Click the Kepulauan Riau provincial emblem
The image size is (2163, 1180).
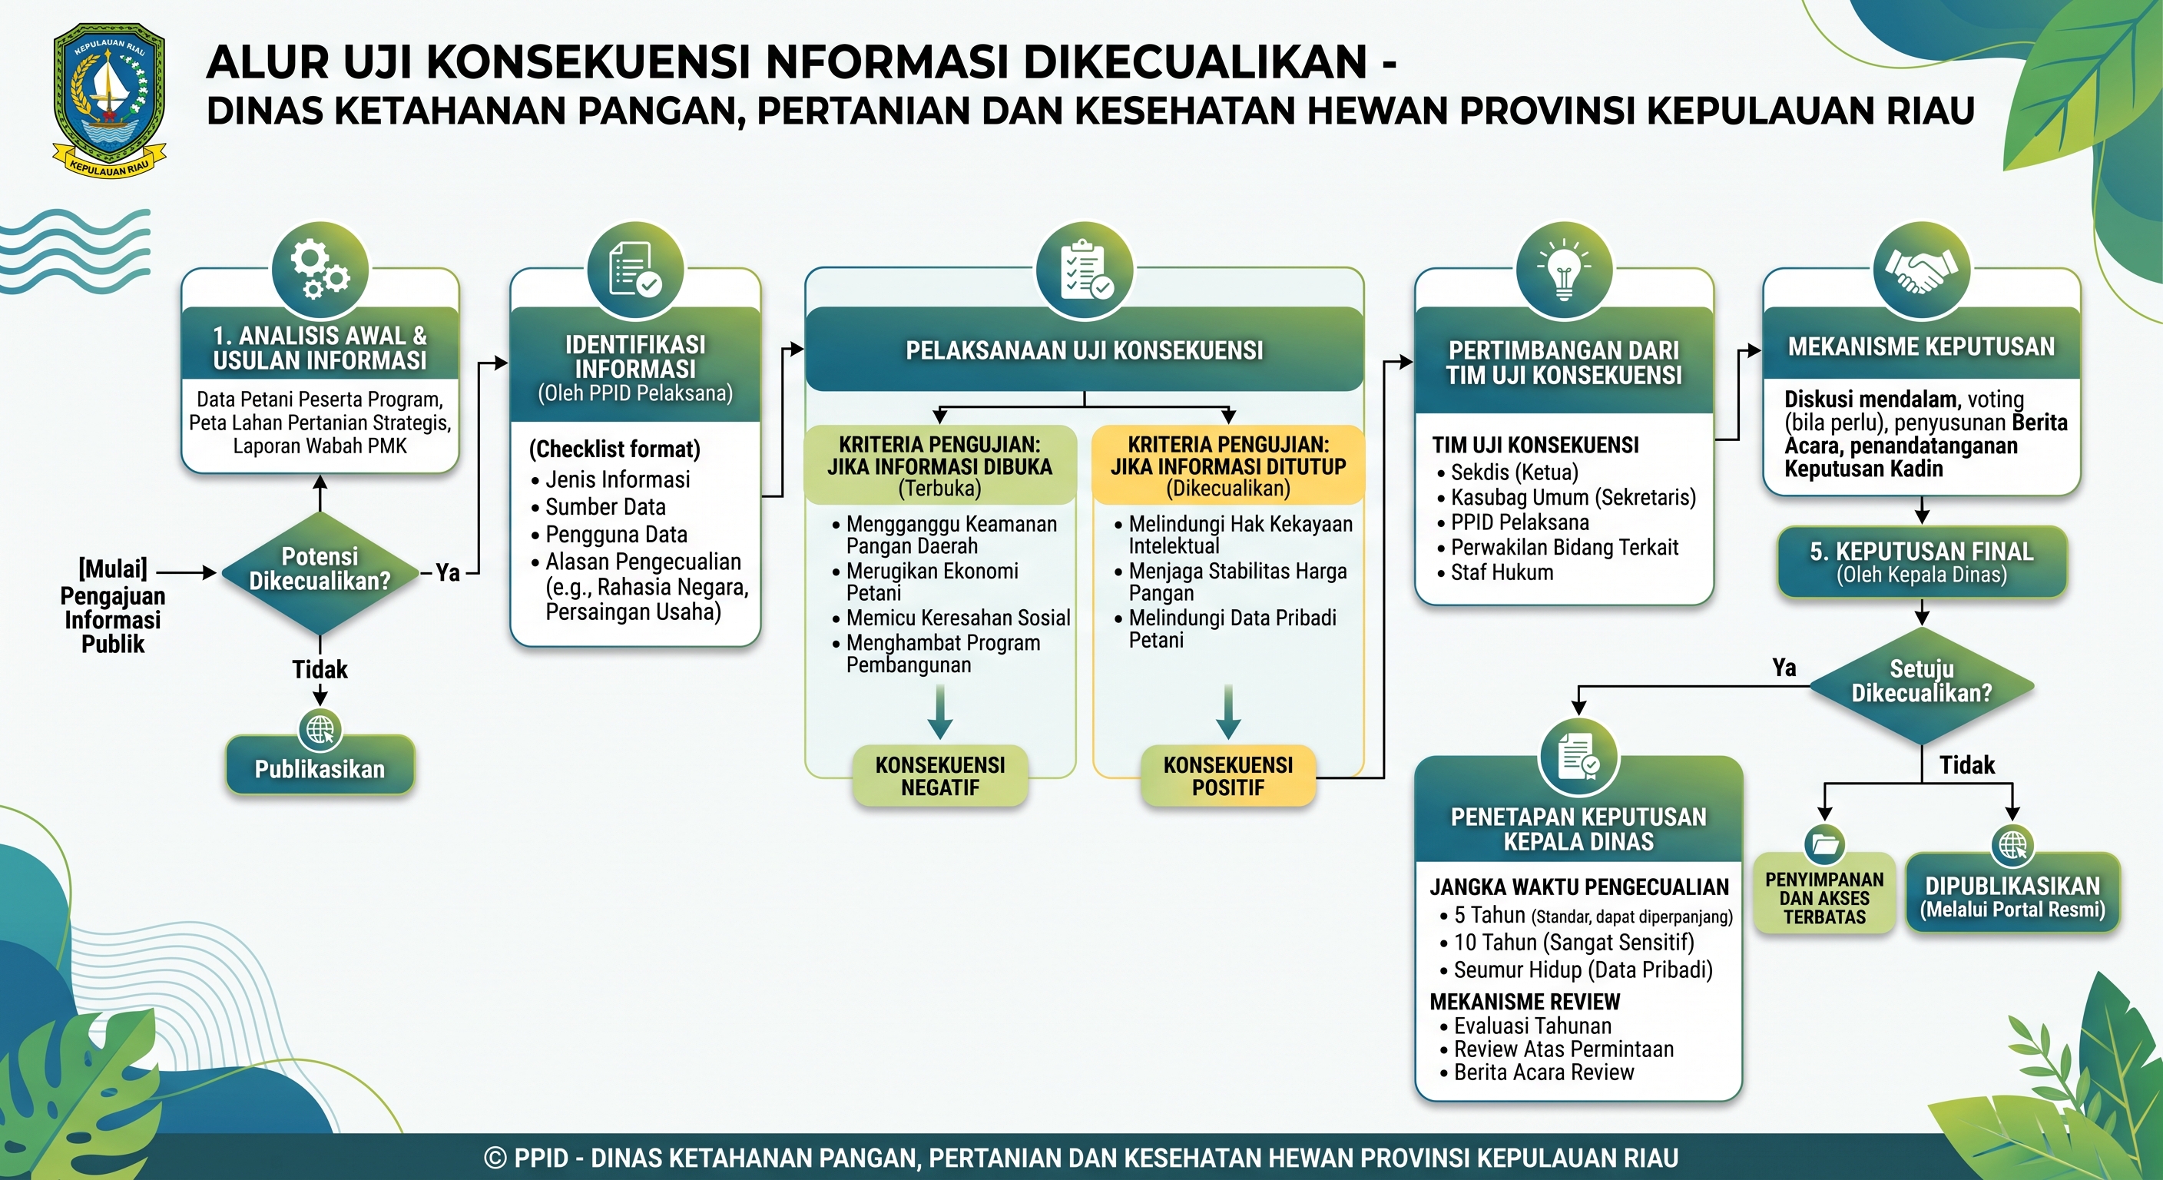tap(109, 100)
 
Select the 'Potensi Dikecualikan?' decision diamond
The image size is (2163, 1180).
tap(320, 573)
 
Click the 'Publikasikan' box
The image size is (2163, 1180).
tap(320, 768)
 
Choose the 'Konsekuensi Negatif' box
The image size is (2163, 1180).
tap(940, 776)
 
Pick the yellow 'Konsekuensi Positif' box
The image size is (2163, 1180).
tap(1228, 776)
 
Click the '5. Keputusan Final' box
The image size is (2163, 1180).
tap(1922, 562)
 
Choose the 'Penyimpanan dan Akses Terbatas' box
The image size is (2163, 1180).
tap(1824, 895)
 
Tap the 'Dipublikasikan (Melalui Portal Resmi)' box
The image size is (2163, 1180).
tap(2012, 895)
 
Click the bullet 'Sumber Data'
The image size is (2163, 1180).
tap(605, 507)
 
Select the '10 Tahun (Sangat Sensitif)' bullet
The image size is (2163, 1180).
tap(1575, 943)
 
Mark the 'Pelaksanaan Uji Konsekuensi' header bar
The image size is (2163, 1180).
tap(1084, 350)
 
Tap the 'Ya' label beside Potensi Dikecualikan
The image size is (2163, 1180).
tap(448, 573)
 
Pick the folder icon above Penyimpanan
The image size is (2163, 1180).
tap(1824, 844)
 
